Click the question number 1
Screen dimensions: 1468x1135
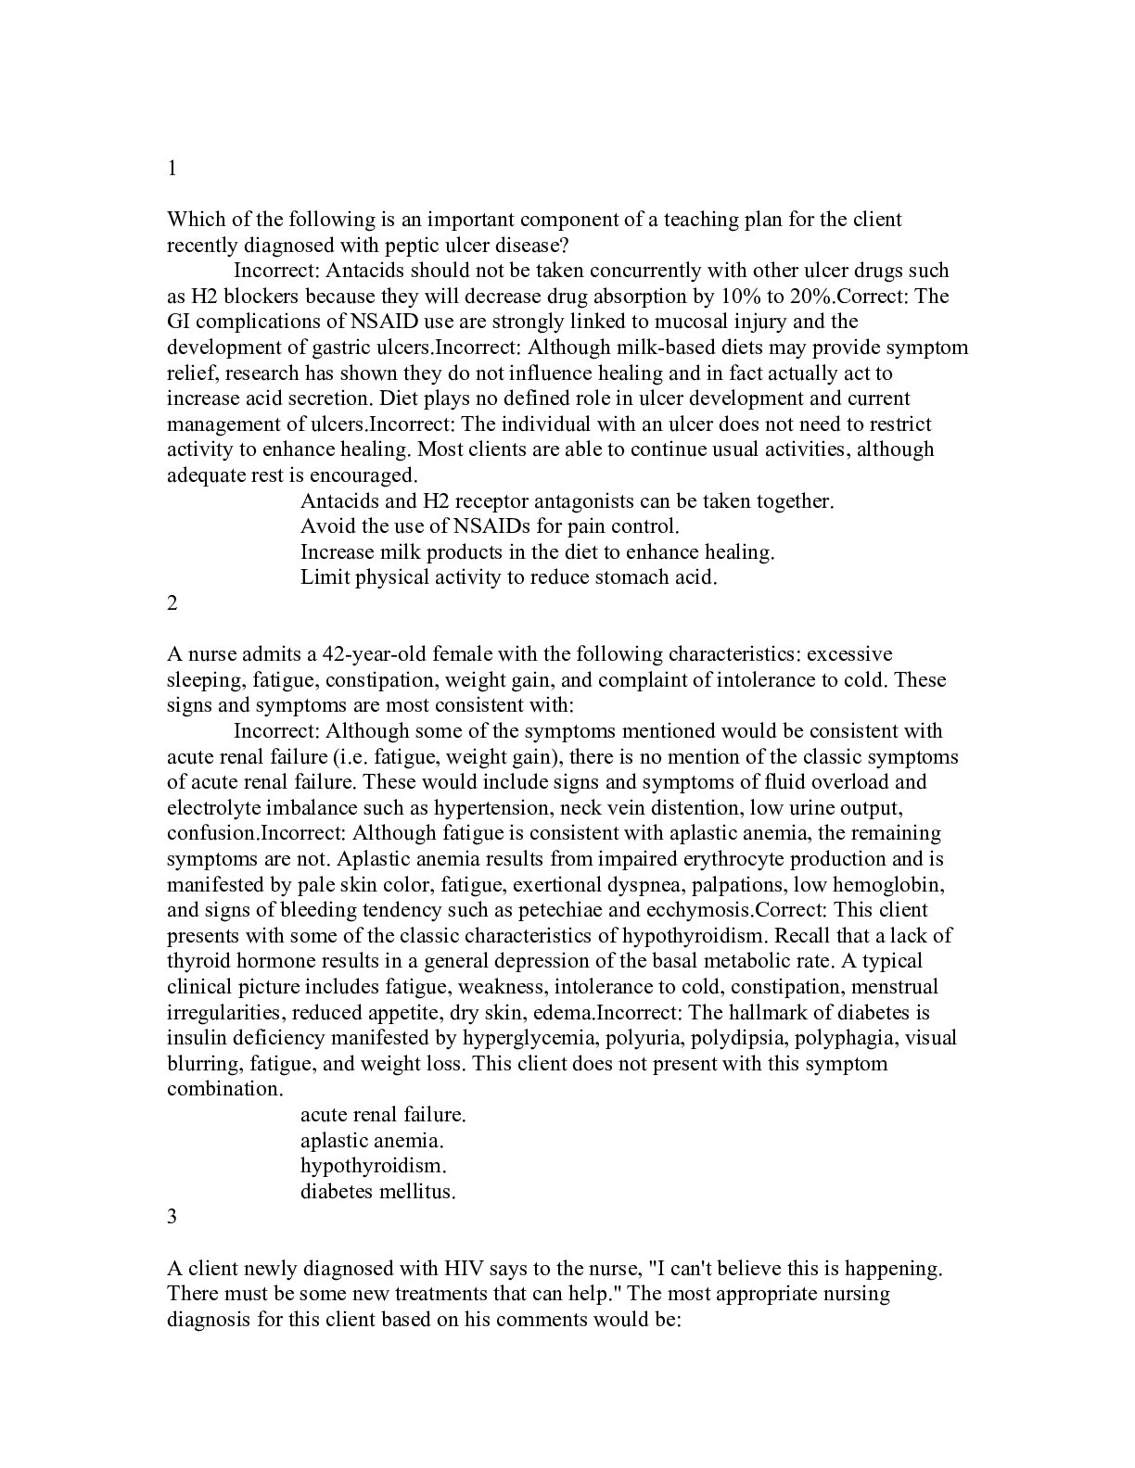(172, 169)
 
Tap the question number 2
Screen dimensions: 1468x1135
(172, 602)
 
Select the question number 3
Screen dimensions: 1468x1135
(172, 1217)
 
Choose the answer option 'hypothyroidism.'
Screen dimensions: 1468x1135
(373, 1166)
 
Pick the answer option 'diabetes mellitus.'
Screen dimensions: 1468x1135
(377, 1191)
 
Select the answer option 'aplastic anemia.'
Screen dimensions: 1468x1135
(372, 1140)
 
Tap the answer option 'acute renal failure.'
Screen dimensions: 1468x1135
(383, 1114)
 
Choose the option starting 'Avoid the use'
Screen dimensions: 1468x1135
(490, 526)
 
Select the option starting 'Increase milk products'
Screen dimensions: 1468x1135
(537, 551)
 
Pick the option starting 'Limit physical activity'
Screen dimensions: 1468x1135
(508, 577)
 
